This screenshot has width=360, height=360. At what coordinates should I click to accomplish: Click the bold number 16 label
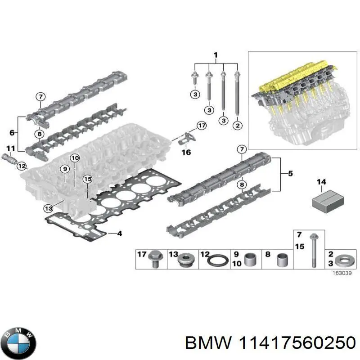186,152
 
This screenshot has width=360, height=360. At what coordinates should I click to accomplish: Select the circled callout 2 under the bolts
237,125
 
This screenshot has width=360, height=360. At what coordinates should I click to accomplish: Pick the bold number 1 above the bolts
215,56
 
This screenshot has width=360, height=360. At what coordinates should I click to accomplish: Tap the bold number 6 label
12,133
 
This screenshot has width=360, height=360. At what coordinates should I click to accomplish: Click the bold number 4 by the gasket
119,233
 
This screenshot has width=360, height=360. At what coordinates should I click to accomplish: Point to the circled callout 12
21,166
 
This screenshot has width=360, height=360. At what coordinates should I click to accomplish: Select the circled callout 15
87,179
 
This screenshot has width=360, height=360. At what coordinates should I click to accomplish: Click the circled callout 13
48,207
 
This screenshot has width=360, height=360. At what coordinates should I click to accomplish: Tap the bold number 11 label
10,148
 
